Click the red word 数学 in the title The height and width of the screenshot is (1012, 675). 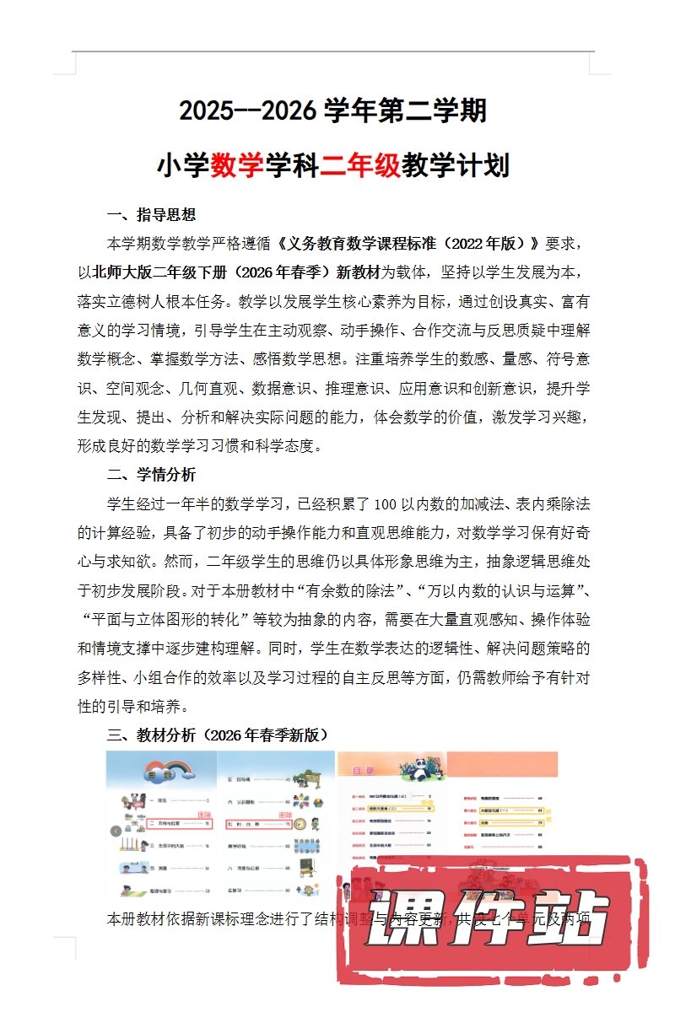237,164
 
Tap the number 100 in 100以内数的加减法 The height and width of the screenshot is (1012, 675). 385,505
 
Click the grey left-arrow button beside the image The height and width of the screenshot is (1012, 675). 116,831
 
